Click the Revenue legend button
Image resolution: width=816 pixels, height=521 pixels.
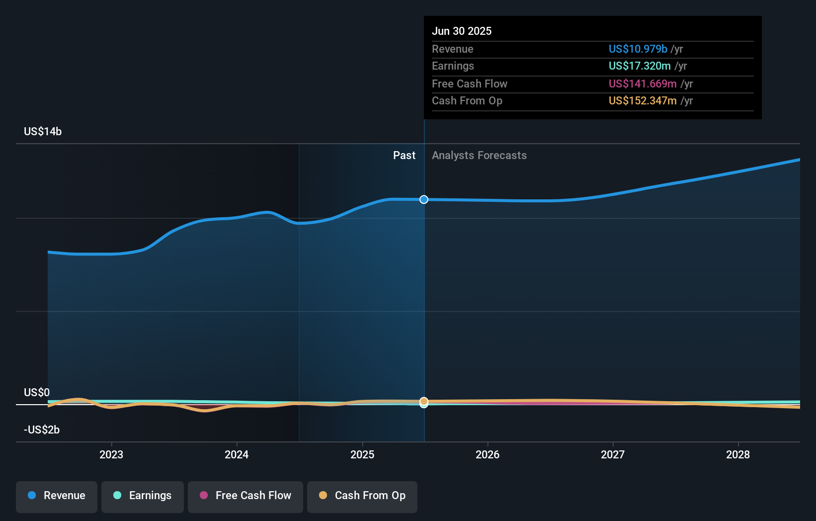pos(57,496)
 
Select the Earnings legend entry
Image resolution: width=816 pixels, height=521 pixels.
pos(143,496)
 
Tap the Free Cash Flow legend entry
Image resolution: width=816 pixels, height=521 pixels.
pos(245,496)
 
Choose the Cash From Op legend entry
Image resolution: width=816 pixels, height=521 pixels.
pos(362,496)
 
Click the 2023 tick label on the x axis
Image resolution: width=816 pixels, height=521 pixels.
pos(111,454)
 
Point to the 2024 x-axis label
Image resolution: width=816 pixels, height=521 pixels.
pos(237,454)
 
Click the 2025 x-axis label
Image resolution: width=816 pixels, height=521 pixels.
pos(362,454)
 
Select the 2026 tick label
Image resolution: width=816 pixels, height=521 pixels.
pos(488,454)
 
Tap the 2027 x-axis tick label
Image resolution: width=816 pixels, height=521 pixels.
pos(613,454)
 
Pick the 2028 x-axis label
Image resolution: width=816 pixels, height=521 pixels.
pos(738,454)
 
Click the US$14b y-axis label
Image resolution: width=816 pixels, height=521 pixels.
pos(43,131)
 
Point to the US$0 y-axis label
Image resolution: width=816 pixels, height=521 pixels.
pos(37,392)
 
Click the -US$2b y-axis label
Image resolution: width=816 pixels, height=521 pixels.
pos(42,430)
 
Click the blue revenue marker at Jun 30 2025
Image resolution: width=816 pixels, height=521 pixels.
pos(424,199)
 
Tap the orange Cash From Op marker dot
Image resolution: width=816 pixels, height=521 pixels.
pos(424,401)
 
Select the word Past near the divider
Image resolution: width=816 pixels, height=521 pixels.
pos(404,155)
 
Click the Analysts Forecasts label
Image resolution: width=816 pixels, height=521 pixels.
pos(479,155)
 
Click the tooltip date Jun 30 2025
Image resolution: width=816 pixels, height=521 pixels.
pos(462,31)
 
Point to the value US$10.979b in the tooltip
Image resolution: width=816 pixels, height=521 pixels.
pos(638,49)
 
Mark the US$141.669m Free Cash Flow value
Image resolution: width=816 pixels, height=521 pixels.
pos(643,84)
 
